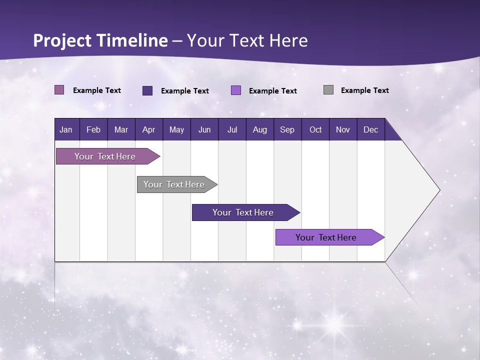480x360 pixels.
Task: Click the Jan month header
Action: pos(66,129)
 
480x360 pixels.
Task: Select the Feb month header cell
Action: pos(93,129)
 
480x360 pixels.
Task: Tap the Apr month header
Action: pos(148,129)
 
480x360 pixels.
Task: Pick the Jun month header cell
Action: pos(204,129)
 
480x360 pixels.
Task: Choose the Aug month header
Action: pos(259,129)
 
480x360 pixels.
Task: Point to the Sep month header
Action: pos(287,129)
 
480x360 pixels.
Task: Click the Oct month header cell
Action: pos(315,129)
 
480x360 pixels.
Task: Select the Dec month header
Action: pos(370,129)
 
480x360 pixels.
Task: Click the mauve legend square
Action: pos(59,90)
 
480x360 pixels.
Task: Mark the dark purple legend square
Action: pos(147,90)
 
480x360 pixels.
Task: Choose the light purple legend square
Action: pos(236,90)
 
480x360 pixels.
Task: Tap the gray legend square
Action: pos(328,90)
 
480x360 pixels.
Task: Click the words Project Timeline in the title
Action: pos(100,40)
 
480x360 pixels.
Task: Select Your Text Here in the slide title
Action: pos(247,40)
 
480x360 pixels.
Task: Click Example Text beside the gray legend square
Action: pos(364,90)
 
